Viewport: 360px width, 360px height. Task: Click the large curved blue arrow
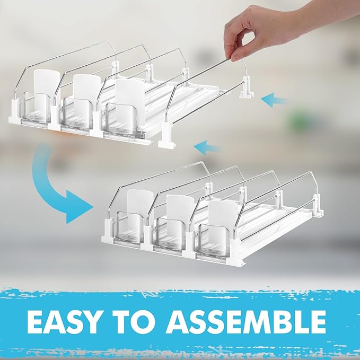tap(50, 186)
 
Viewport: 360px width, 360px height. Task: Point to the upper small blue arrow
tap(275, 99)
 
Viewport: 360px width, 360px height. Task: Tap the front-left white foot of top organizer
tap(16, 119)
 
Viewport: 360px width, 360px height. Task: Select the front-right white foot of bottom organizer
tap(235, 252)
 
